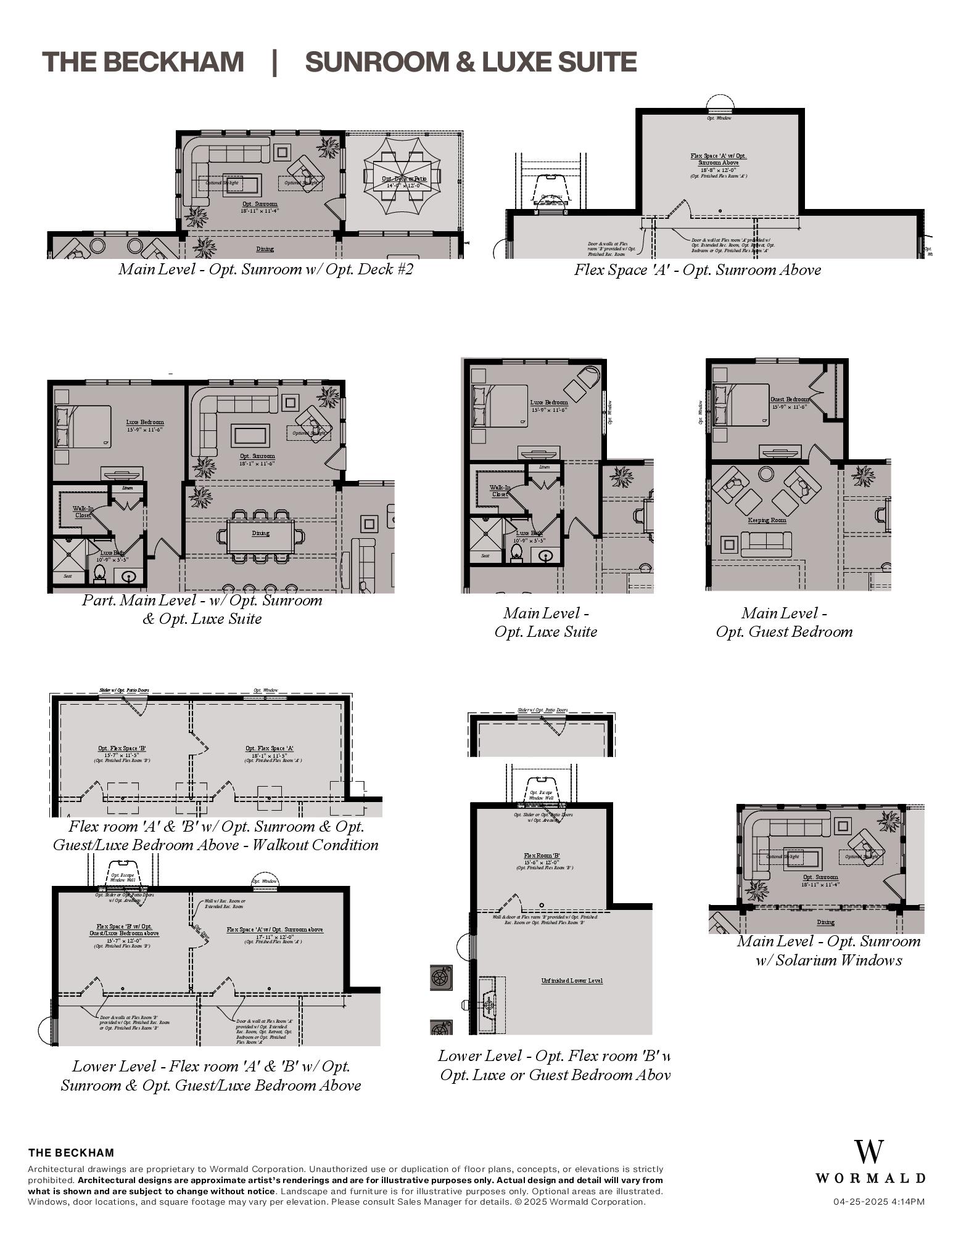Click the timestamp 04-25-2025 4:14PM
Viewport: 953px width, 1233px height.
[878, 1202]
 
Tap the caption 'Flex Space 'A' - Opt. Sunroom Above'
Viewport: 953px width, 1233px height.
[697, 270]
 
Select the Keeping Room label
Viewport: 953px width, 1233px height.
[767, 520]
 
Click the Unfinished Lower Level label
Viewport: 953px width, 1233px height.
[572, 980]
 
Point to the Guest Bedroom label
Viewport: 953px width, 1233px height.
[789, 399]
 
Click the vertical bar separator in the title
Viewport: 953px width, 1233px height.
[274, 62]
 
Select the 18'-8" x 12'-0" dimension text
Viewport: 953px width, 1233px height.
[718, 170]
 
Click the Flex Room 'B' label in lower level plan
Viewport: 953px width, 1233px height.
[542, 856]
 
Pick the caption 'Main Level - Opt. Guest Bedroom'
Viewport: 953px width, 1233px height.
[784, 622]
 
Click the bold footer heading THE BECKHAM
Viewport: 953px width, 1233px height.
[71, 1152]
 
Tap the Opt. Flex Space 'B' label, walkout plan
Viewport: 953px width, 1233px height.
[122, 748]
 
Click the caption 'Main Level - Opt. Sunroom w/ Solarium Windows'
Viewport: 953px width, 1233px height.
[828, 950]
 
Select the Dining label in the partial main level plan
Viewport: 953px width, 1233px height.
[260, 533]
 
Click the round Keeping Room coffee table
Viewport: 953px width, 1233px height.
[766, 473]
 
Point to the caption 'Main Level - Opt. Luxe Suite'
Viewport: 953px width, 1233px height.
[545, 622]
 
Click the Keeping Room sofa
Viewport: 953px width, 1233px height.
[765, 543]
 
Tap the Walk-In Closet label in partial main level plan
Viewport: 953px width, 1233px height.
[83, 512]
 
